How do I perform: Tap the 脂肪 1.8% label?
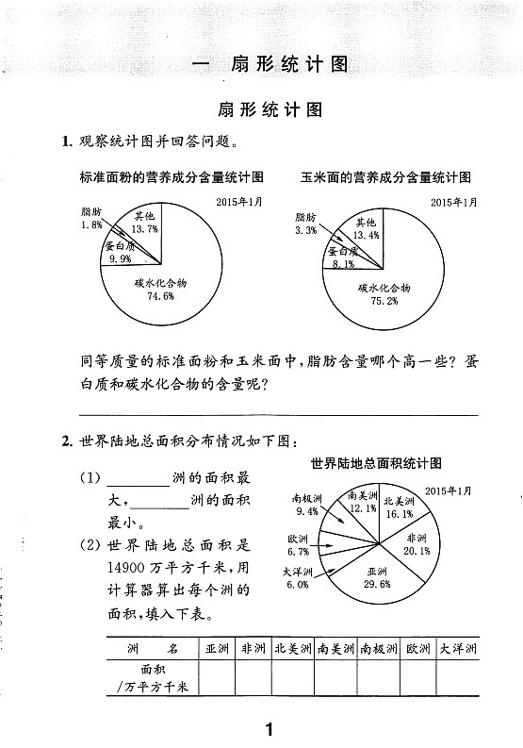[x=91, y=220]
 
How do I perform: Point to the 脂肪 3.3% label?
[x=305, y=224]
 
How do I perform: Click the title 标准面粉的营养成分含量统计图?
[x=172, y=176]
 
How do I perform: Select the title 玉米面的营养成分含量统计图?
[x=385, y=176]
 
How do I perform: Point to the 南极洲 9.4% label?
[x=307, y=505]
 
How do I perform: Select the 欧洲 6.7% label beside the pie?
[x=299, y=545]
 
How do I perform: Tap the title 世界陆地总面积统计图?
[x=376, y=463]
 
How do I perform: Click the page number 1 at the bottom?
[x=269, y=727]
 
